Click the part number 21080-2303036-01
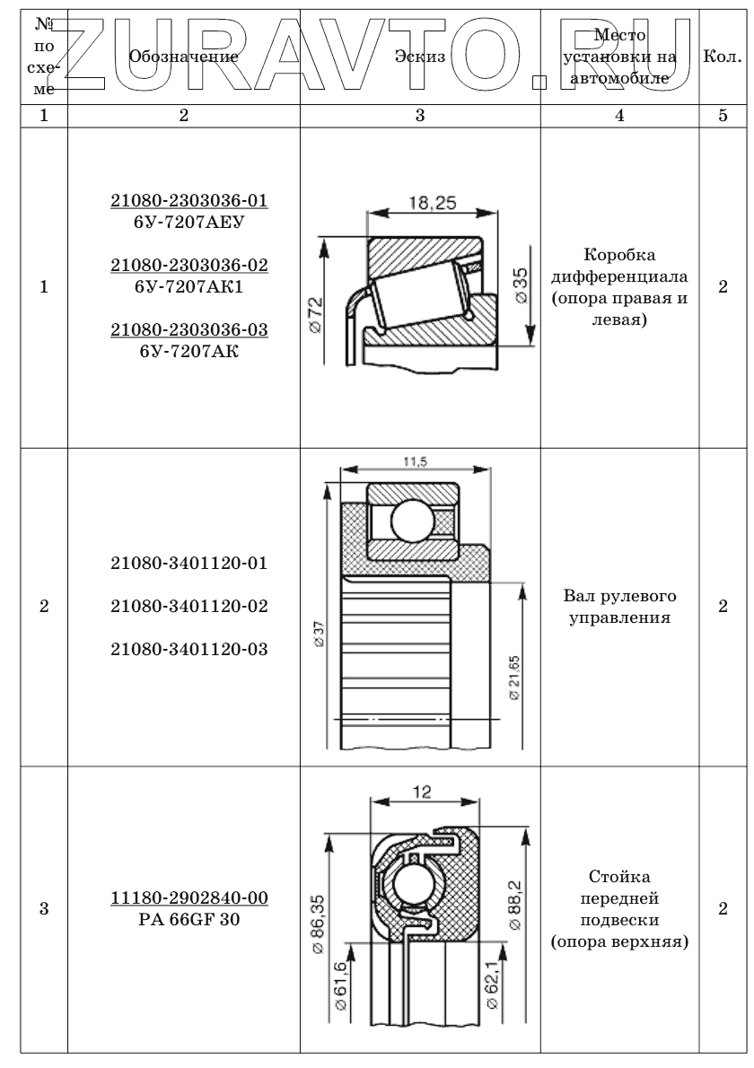(x=188, y=199)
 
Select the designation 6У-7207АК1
(x=188, y=285)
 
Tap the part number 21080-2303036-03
(x=188, y=331)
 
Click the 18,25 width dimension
(x=431, y=204)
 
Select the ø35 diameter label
(x=519, y=286)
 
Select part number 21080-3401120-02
(x=188, y=606)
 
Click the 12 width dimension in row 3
(x=423, y=792)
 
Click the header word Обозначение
(x=183, y=58)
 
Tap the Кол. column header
(x=723, y=58)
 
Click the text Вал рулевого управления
(x=619, y=607)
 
